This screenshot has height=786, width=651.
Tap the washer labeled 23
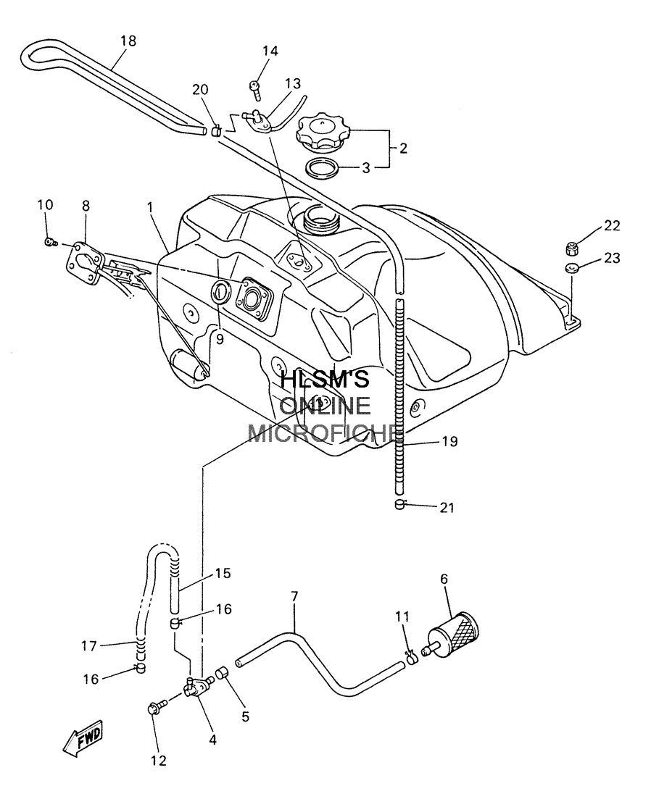pos(571,268)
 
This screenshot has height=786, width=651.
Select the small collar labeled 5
pos(222,673)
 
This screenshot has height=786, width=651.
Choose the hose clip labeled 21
pos(399,505)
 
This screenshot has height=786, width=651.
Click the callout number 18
pos(128,41)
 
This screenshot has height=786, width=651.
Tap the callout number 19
pos(450,441)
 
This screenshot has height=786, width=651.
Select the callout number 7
pos(294,596)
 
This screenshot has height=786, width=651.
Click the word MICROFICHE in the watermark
pos(326,433)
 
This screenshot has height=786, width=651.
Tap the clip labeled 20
pos(215,132)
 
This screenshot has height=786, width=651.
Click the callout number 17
pos(88,645)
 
